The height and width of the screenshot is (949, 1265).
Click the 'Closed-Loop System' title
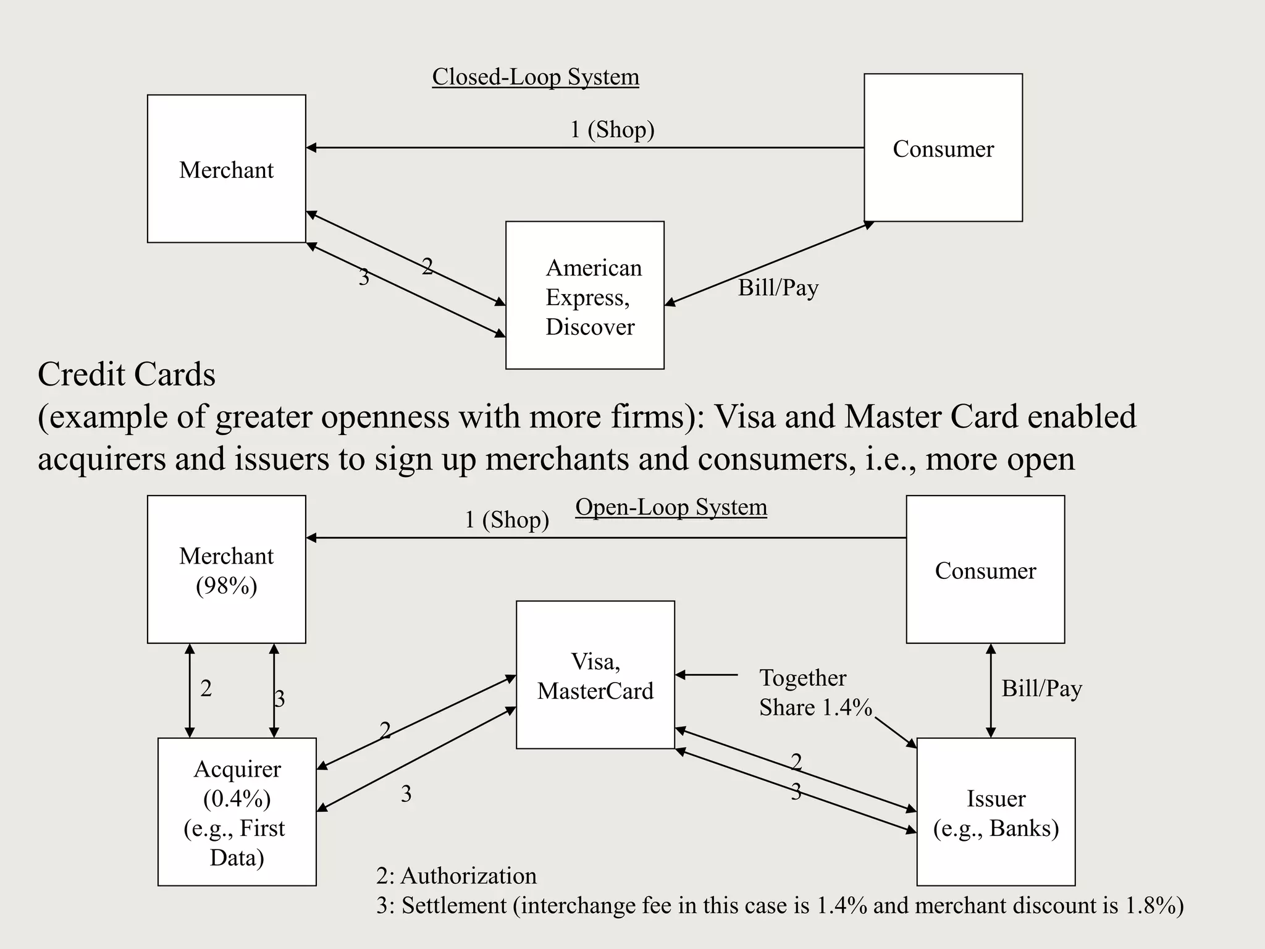(535, 77)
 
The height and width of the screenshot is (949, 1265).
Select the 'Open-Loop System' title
(671, 507)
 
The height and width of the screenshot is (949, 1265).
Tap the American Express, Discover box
(584, 295)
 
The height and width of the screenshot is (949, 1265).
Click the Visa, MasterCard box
(595, 675)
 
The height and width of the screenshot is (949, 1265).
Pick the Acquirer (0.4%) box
(237, 812)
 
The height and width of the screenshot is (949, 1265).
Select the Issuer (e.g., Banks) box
(996, 812)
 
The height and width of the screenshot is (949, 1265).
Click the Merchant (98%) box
(226, 569)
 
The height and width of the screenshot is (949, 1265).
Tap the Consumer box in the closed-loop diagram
(943, 148)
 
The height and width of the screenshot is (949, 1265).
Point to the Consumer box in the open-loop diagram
(985, 569)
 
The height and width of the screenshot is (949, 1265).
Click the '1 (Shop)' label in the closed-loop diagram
(611, 130)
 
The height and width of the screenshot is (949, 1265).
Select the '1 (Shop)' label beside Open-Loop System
(506, 520)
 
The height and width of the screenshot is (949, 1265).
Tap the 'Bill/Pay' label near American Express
(778, 288)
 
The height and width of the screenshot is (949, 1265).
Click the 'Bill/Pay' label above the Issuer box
(1041, 688)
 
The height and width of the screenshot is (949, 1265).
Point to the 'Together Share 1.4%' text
(814, 693)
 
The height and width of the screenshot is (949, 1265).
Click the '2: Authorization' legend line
(456, 876)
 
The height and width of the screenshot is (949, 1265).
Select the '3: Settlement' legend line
(780, 906)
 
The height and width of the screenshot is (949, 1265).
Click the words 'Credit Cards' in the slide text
(127, 374)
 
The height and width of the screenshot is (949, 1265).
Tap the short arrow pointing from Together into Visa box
(707, 675)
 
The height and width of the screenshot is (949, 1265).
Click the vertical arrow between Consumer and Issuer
(991, 691)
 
